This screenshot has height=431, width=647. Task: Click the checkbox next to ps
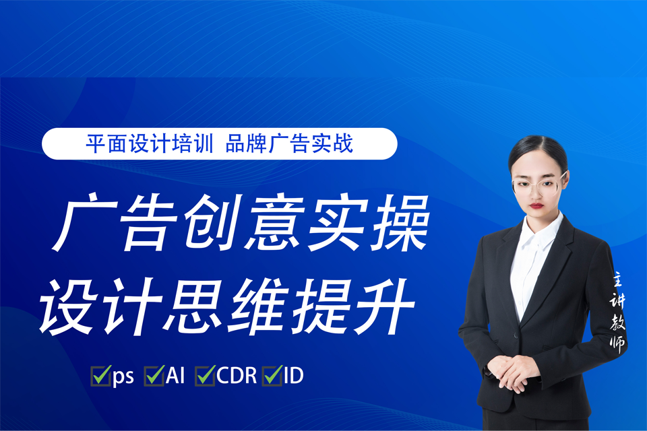101,376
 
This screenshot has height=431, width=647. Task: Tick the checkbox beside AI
154,376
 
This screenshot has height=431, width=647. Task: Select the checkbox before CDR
205,376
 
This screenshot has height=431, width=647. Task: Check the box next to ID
272,376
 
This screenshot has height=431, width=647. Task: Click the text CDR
237,376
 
